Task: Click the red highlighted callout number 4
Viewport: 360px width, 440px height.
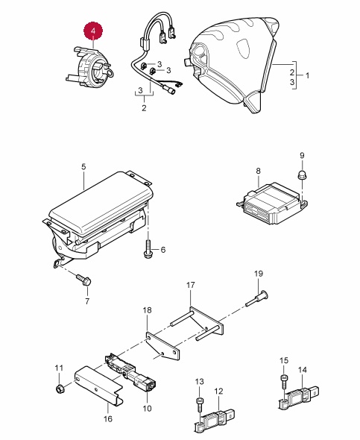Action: click(93, 31)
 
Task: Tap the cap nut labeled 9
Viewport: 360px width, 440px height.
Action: click(302, 175)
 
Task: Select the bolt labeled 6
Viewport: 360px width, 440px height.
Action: click(148, 248)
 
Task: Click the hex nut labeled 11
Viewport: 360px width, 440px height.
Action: click(60, 389)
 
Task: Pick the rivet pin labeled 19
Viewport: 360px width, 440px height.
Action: click(257, 298)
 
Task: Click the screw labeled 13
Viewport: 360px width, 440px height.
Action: click(199, 405)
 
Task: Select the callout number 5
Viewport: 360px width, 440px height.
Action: click(83, 167)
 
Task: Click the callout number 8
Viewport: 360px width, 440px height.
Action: click(258, 171)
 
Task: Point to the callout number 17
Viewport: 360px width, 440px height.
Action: click(190, 285)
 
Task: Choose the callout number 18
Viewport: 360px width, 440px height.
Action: click(147, 310)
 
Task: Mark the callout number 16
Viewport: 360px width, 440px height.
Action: click(108, 419)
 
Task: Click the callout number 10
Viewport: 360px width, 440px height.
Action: click(147, 408)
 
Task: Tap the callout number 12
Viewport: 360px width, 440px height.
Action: click(218, 391)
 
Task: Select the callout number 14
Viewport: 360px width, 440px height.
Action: click(303, 370)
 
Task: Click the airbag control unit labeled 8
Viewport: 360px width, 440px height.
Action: click(272, 204)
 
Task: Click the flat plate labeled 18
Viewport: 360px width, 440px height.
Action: click(162, 346)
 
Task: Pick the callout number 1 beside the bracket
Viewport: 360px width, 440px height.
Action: click(307, 75)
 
